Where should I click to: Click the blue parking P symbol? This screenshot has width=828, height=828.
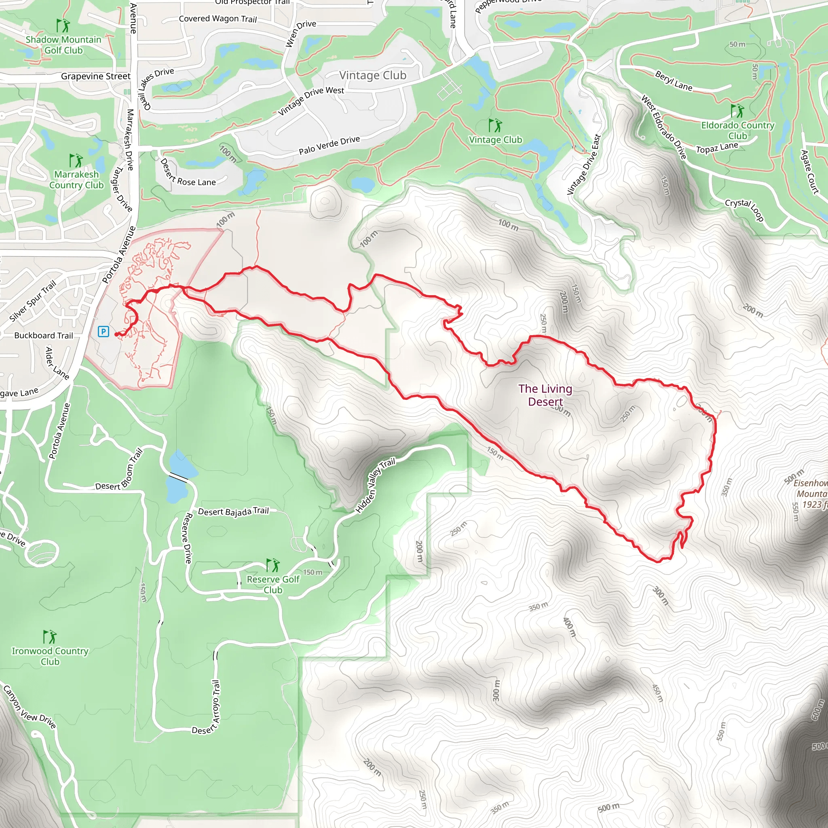(x=103, y=331)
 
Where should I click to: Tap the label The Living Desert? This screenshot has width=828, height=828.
(x=545, y=395)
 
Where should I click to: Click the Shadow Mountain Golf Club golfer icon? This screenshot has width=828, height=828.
(x=63, y=25)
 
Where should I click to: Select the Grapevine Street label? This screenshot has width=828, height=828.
(x=95, y=76)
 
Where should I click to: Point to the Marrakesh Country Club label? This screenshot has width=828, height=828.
(x=76, y=180)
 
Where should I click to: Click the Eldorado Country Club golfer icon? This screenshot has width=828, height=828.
(x=737, y=110)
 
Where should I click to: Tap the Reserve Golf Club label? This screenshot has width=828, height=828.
(x=273, y=585)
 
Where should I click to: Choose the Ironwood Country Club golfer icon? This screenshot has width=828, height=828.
(x=50, y=636)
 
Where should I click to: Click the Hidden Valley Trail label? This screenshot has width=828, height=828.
(x=375, y=486)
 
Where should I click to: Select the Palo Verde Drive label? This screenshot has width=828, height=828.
(x=329, y=145)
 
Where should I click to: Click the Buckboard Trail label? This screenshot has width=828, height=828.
(x=43, y=335)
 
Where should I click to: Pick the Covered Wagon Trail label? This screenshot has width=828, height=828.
(x=218, y=19)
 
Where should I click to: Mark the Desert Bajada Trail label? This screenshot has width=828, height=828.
(x=233, y=511)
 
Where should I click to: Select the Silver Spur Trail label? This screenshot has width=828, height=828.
(x=33, y=300)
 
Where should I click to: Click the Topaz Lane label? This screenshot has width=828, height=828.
(x=717, y=148)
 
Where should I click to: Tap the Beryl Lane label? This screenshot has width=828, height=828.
(x=673, y=80)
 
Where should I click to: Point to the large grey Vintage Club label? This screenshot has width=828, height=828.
(x=372, y=76)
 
